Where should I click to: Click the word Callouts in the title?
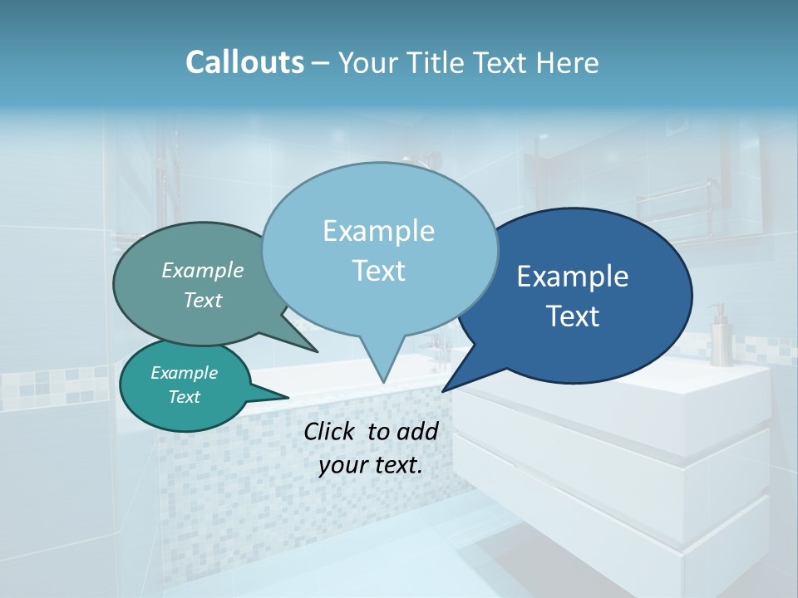(244, 62)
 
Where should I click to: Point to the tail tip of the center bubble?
(382, 380)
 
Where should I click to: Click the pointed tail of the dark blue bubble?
(446, 389)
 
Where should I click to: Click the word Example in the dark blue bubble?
(573, 277)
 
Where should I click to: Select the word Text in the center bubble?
(379, 271)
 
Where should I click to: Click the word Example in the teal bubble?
(185, 373)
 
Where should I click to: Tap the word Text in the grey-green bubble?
(203, 301)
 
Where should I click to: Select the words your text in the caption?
(370, 465)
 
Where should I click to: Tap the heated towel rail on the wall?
(673, 208)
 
